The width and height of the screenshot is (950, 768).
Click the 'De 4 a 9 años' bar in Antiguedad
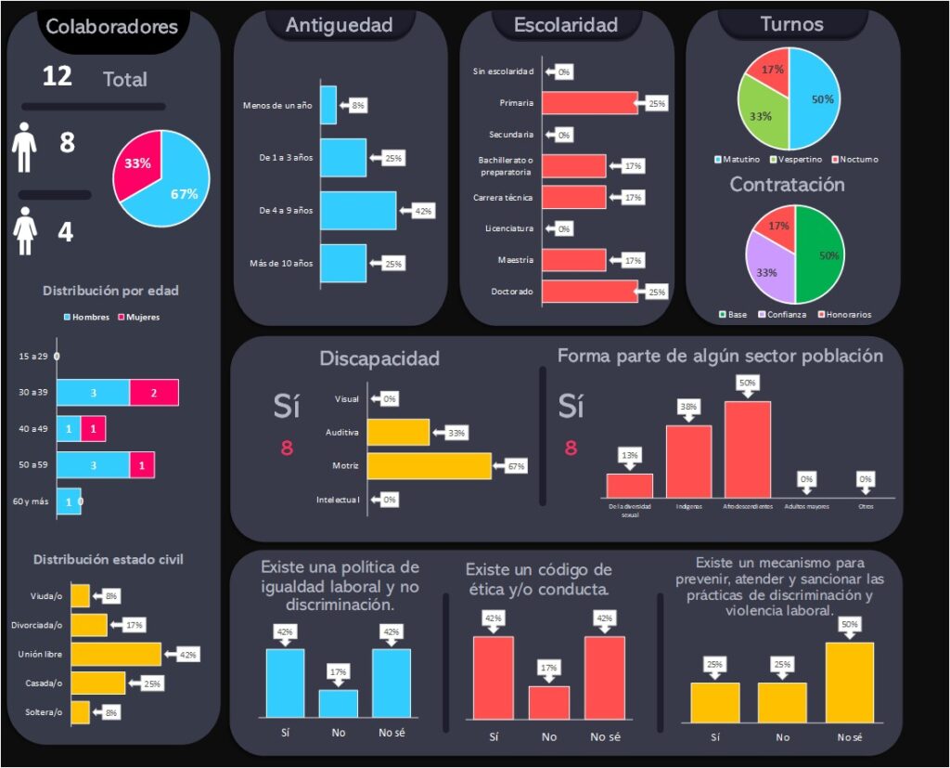click(358, 211)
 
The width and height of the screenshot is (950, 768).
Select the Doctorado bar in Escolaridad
click(588, 292)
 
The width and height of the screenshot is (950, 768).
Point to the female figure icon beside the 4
click(25, 230)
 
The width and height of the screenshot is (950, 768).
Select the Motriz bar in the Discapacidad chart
click(429, 465)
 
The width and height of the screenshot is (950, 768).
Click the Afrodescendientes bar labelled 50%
click(748, 449)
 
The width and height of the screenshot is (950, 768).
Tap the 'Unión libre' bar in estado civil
click(116, 654)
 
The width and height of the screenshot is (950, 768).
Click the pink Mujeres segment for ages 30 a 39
click(154, 393)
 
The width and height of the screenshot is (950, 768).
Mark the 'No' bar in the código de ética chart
click(549, 701)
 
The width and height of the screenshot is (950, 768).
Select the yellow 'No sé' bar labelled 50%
click(849, 682)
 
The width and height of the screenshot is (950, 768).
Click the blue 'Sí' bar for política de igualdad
click(285, 683)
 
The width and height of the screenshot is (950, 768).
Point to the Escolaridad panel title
click(566, 25)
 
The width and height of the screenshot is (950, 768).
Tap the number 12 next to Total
click(58, 76)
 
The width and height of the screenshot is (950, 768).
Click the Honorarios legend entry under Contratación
click(843, 314)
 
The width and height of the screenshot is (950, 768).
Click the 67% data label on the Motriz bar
click(516, 465)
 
